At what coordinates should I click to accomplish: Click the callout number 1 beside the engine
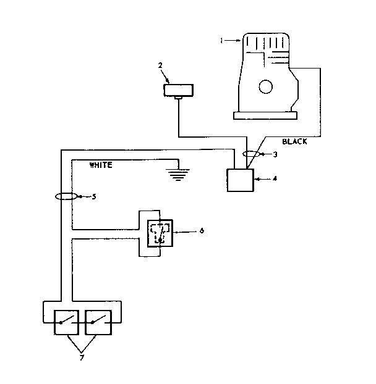pyautogui.click(x=221, y=41)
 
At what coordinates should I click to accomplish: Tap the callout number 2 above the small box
pyautogui.click(x=160, y=65)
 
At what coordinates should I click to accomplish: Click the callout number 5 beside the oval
pyautogui.click(x=94, y=197)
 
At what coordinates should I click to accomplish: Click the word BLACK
pyautogui.click(x=294, y=141)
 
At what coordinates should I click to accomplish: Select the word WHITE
pyautogui.click(x=101, y=165)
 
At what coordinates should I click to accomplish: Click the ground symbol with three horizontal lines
pyautogui.click(x=178, y=173)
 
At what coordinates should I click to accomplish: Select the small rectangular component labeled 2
pyautogui.click(x=178, y=90)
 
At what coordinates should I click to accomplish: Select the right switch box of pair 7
pyautogui.click(x=99, y=321)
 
